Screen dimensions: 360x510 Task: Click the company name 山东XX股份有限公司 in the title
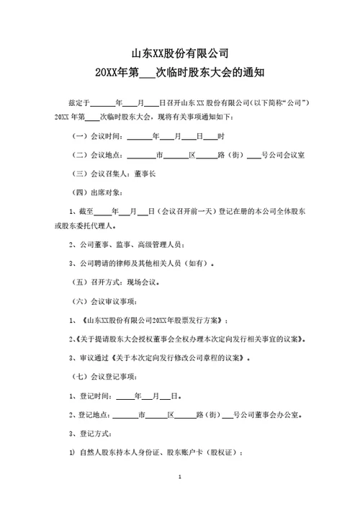tap(180, 53)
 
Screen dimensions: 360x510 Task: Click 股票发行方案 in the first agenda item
tap(202, 319)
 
